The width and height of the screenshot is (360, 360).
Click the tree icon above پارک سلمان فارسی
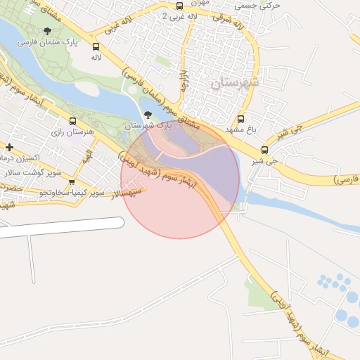tap(47, 31)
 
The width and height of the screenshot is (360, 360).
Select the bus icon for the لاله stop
tap(96, 47)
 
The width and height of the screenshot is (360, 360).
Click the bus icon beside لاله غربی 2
tap(180, 6)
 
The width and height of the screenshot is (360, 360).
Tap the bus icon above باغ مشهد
tap(241, 119)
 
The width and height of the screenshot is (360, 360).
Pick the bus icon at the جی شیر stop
tap(264, 149)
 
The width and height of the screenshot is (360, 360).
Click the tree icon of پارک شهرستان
tap(147, 115)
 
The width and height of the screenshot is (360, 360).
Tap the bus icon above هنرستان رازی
tap(72, 121)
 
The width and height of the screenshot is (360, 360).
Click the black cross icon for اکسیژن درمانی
tap(8, 147)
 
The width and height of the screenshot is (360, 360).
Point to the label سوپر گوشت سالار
tap(32, 172)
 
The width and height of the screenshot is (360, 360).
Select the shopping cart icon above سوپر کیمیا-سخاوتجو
tap(72, 182)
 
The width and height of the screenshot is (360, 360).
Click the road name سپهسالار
tap(124, 191)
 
